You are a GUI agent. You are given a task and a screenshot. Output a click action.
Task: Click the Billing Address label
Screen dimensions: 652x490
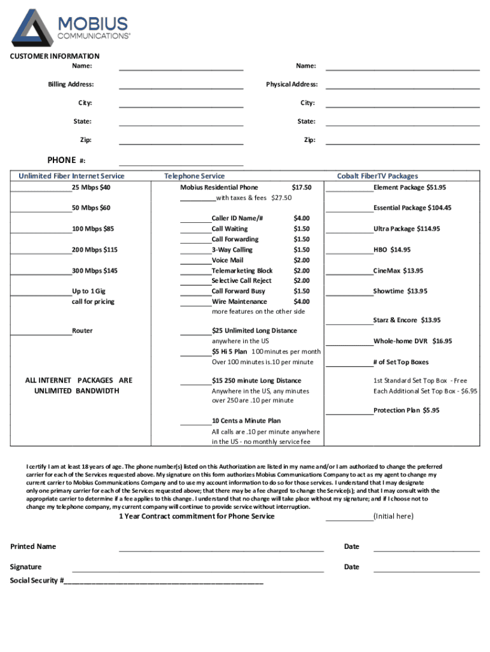[71, 84]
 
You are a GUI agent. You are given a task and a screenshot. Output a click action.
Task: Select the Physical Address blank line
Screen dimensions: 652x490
[402, 87]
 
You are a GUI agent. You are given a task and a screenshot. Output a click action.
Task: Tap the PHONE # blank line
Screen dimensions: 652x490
[181, 163]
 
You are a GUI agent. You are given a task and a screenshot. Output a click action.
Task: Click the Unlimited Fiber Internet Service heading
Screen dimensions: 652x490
[71, 176]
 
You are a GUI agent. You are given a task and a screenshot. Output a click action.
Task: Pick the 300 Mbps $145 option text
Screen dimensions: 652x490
[94, 271]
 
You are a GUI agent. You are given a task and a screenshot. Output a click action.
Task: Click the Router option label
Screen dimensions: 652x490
[82, 330]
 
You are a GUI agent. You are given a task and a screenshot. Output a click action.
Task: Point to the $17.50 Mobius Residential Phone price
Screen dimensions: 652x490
[301, 187]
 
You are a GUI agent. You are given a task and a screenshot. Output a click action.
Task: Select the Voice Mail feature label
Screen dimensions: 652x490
[227, 260]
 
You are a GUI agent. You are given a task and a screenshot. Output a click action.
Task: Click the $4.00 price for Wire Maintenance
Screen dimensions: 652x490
[301, 301]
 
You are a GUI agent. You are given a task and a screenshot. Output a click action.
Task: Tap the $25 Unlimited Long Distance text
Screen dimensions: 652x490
[254, 330]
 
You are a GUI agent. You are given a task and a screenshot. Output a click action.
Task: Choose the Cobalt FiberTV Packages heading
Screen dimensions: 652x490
[377, 176]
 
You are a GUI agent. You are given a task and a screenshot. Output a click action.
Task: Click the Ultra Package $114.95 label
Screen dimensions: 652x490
[406, 229]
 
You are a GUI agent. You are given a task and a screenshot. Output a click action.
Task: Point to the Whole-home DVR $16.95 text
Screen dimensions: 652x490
[412, 341]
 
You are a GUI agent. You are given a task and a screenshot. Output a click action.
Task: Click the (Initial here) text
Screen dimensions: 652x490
[393, 516]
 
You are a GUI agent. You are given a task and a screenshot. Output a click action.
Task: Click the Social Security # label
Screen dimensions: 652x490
[36, 581]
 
